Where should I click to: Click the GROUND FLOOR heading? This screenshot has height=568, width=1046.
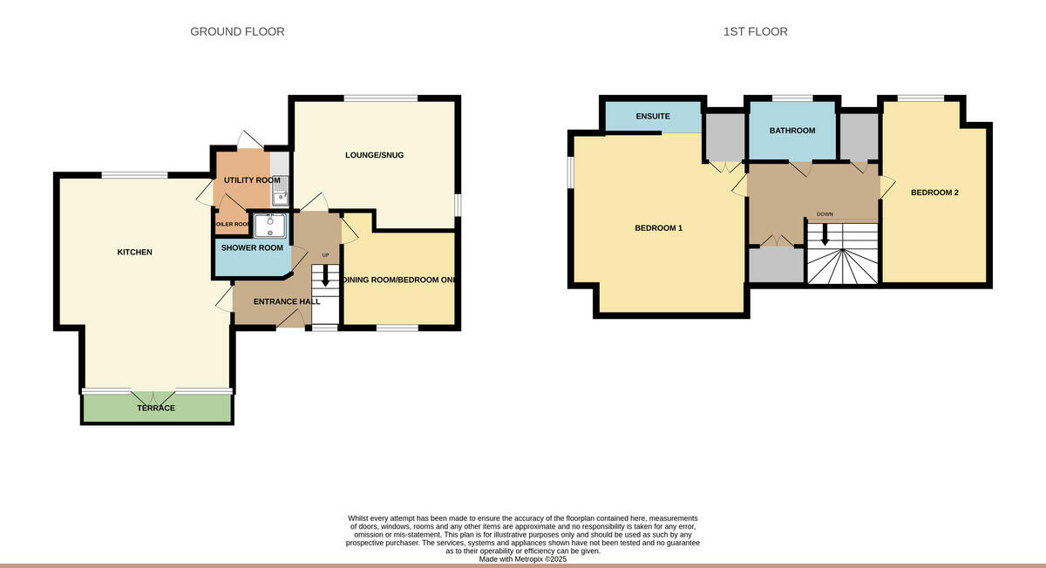(x=237, y=32)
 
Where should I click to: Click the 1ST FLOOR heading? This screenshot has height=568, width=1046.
(x=755, y=32)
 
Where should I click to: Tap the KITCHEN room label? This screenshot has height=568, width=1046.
(x=135, y=253)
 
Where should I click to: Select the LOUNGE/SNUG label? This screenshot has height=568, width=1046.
(x=375, y=155)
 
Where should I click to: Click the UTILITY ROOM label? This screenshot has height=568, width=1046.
(x=252, y=180)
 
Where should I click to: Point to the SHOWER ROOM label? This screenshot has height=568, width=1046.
(x=252, y=248)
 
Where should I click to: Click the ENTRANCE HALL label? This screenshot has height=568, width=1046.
(x=287, y=301)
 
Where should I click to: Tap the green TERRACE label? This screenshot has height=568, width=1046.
(x=156, y=408)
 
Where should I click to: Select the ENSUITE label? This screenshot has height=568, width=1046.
(x=653, y=116)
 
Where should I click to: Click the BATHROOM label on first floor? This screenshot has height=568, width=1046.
(x=791, y=131)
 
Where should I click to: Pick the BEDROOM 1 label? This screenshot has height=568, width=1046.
(x=658, y=228)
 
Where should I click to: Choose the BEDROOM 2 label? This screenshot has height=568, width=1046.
(x=934, y=193)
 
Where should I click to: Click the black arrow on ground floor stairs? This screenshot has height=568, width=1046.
(x=326, y=277)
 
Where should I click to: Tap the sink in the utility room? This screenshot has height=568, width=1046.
(x=280, y=197)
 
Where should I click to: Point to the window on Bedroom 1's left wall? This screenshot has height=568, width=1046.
(x=570, y=171)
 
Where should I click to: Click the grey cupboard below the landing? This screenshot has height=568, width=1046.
(x=776, y=266)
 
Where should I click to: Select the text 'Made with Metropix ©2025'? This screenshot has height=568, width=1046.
(x=523, y=559)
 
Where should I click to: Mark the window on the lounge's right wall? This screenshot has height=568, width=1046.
(x=458, y=202)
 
